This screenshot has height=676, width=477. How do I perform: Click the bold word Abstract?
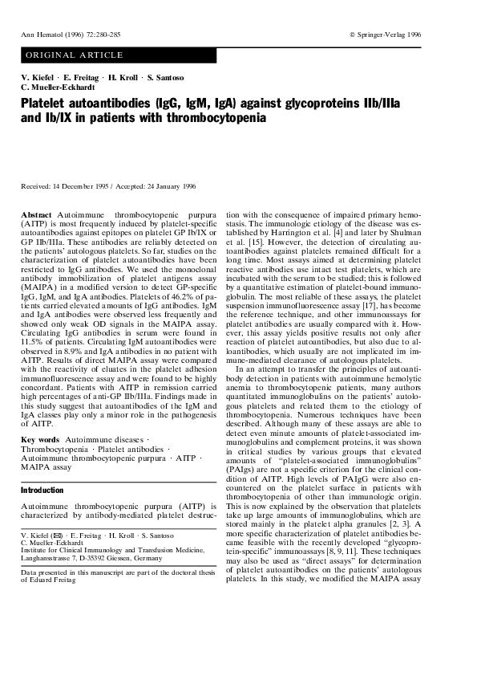[36, 216]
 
